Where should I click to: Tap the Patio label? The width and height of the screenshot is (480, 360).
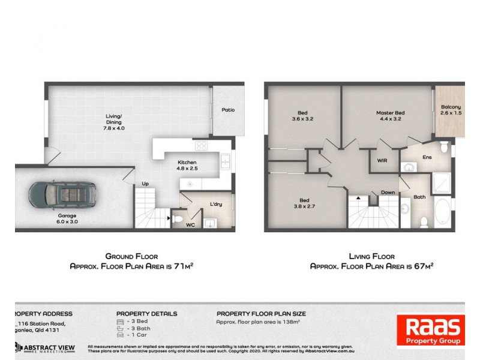coord(228,110)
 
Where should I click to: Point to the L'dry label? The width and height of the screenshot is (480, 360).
coord(216,205)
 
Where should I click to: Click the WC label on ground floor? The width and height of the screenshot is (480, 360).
coord(190,226)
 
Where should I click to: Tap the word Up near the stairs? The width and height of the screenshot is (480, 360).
coord(145,184)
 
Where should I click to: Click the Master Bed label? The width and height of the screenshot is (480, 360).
coord(390,116)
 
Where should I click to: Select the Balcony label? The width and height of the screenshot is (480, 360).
coord(451,110)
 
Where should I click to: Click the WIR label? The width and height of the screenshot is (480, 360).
coord(382,161)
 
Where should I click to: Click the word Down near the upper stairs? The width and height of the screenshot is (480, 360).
coord(388,193)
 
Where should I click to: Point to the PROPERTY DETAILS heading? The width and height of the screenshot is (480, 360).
coord(146,313)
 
